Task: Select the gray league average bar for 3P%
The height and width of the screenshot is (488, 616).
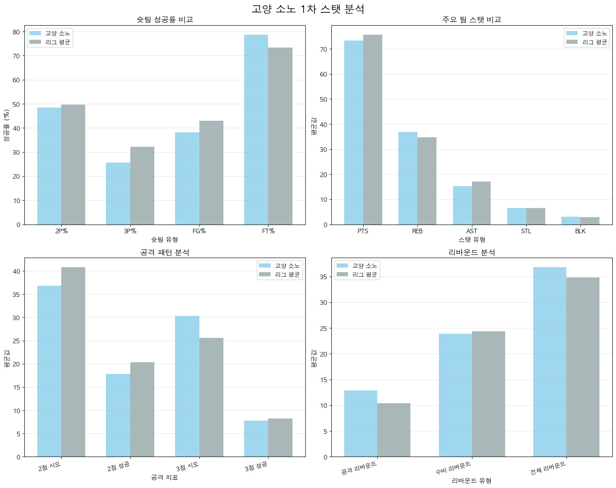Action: (142, 186)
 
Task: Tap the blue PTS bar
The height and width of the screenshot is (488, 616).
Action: (353, 132)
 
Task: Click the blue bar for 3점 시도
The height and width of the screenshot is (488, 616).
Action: (187, 386)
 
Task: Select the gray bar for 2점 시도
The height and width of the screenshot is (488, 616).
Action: (73, 362)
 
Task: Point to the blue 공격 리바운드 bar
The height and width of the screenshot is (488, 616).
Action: (360, 423)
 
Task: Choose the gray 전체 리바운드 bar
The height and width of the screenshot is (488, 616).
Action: (582, 367)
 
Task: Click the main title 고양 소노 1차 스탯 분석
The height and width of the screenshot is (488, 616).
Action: (308, 9)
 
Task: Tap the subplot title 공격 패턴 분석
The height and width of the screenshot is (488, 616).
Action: (165, 252)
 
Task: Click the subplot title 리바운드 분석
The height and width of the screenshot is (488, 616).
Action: (472, 252)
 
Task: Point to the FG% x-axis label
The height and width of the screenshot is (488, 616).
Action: (199, 231)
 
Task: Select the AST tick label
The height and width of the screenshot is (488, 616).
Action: (472, 231)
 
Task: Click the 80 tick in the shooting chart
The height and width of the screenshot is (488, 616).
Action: (16, 32)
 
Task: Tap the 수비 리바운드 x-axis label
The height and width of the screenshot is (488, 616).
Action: (453, 468)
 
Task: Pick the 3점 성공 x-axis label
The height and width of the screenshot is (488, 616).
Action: (256, 466)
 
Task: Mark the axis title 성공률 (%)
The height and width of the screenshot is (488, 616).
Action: (7, 125)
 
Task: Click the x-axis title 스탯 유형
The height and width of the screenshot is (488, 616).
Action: (472, 240)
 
